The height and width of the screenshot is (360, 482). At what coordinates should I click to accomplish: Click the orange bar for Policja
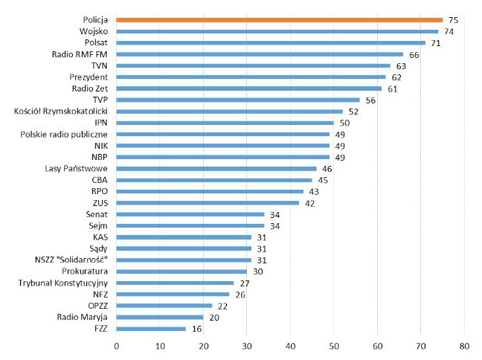click(x=279, y=20)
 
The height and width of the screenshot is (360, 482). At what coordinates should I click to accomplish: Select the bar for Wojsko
click(x=277, y=31)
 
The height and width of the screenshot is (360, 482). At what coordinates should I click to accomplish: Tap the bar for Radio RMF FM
click(x=260, y=54)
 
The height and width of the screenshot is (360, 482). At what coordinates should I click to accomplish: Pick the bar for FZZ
click(x=151, y=328)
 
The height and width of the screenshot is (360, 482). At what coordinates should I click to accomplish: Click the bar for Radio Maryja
click(x=160, y=317)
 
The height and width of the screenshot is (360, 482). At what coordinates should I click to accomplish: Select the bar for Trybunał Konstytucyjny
click(x=175, y=283)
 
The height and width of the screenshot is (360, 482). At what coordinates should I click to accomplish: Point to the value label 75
click(x=452, y=20)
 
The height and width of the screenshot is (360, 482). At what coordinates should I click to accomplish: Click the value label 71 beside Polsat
click(x=437, y=43)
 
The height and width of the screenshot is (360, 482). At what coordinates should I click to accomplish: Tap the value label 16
click(x=196, y=328)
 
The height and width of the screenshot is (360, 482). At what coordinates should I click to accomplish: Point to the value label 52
click(x=353, y=112)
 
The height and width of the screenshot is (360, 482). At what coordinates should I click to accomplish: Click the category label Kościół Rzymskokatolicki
click(x=62, y=112)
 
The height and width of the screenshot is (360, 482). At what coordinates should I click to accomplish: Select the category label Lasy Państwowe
click(x=77, y=169)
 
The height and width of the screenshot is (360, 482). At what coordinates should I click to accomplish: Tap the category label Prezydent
click(x=90, y=77)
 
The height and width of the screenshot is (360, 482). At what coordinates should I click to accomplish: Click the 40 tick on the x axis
click(x=290, y=346)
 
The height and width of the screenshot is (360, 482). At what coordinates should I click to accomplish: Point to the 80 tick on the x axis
click(x=464, y=346)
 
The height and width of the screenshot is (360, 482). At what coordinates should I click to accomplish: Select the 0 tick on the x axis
click(x=116, y=346)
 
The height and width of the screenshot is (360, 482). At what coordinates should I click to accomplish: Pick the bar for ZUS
click(x=208, y=202)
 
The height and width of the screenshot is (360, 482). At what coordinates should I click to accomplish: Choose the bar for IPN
click(x=225, y=123)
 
